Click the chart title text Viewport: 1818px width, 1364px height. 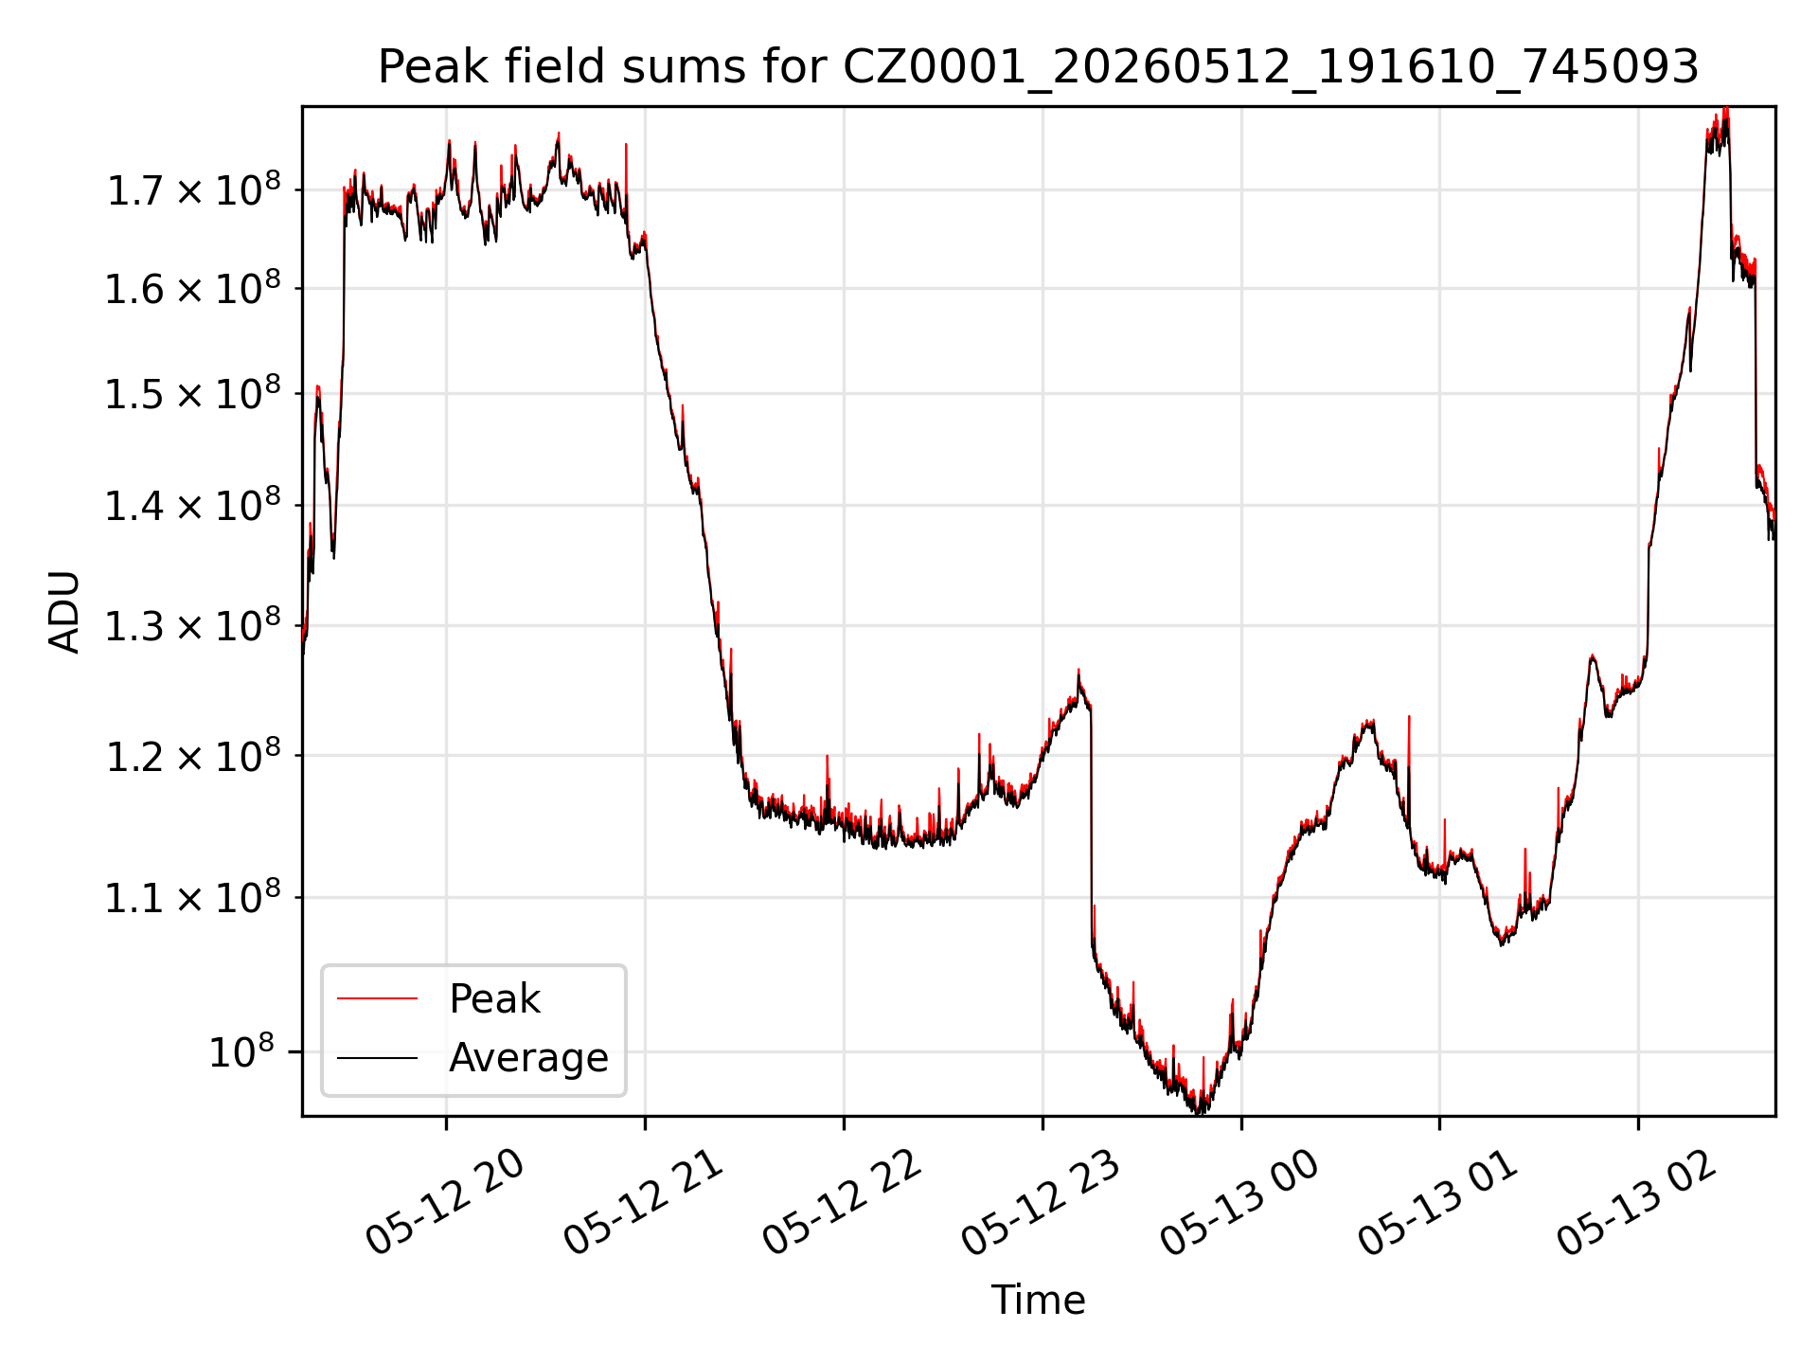1038,67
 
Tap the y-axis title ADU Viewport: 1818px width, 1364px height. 64,612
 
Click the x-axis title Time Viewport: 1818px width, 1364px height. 1038,1300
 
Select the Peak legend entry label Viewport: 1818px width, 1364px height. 494,999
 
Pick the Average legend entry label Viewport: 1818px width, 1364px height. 528,1057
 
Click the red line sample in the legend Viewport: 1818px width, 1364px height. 377,998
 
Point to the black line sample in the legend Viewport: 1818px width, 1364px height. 377,1057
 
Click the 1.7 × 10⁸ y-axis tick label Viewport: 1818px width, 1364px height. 193,190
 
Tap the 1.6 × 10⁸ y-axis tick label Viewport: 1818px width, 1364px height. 193,289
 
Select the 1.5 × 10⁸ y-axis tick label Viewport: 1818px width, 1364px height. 193,394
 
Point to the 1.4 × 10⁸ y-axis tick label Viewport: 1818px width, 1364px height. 193,506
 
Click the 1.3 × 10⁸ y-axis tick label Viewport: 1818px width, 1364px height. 193,626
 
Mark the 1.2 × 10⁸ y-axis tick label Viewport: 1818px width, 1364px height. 193,756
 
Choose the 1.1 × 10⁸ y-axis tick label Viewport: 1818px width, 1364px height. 193,897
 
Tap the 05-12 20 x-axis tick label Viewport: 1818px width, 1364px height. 445,1204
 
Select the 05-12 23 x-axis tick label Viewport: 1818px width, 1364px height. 1041,1204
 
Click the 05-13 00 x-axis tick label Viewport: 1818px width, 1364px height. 1239,1204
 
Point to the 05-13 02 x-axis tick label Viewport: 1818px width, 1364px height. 1636,1204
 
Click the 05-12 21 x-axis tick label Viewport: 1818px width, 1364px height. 644,1204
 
